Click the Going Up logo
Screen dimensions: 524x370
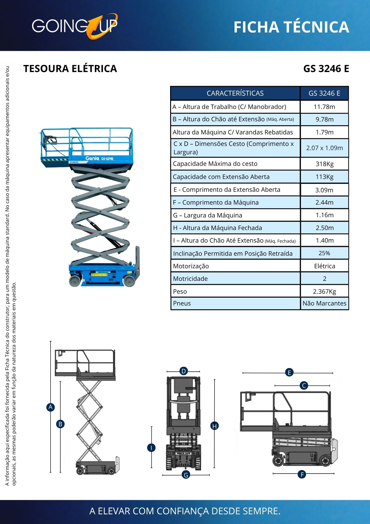pos(75,26)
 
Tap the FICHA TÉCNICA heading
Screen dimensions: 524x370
pos(291,27)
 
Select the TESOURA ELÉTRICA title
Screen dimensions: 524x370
pos(70,69)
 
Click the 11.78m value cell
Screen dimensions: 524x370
pos(324,107)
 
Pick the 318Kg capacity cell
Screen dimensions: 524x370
pos(324,164)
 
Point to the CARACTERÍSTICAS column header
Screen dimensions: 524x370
pos(235,93)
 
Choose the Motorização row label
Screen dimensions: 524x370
pos(191,266)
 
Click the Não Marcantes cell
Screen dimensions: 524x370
pos(324,303)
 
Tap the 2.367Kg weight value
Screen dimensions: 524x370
pos(324,292)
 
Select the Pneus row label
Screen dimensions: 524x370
pos(182,303)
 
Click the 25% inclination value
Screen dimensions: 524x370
pos(324,253)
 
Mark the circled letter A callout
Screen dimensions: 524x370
pos(51,407)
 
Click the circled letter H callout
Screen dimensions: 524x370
pos(215,426)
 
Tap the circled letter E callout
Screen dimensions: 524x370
pos(289,373)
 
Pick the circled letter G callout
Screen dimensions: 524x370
pos(186,475)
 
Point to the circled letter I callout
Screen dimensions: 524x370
pos(151,448)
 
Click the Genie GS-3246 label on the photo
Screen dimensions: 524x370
pos(99,159)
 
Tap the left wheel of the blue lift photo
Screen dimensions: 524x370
pos(75,281)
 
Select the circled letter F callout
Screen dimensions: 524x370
pos(302,474)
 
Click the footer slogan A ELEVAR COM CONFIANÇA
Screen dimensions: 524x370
pos(185,511)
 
